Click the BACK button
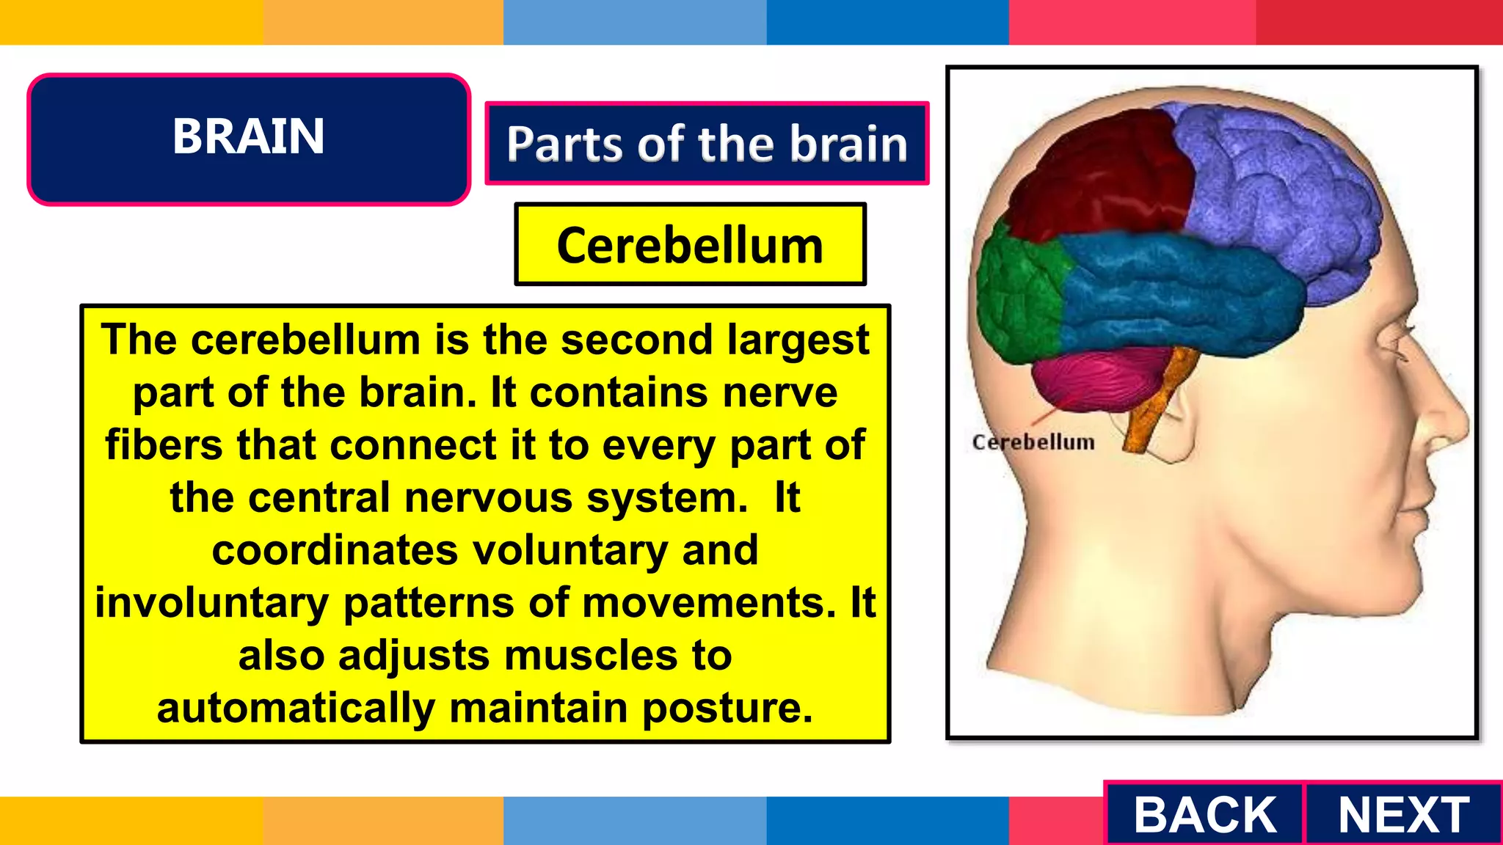[x=1204, y=814]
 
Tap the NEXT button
[x=1403, y=814]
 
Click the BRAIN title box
[x=249, y=138]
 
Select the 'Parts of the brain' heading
[x=707, y=143]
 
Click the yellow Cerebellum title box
[x=690, y=245]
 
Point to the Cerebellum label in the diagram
[x=1033, y=442]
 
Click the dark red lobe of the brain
[x=1101, y=176]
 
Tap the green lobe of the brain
[x=1020, y=293]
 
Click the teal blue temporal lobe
[x=1174, y=293]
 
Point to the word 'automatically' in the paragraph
[x=295, y=709]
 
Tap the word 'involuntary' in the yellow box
[x=211, y=604]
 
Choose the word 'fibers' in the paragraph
[x=164, y=445]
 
